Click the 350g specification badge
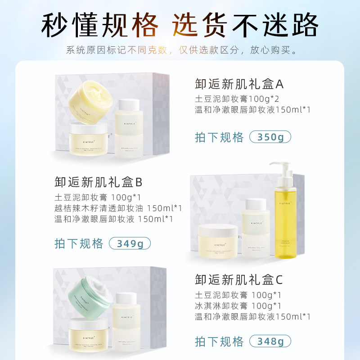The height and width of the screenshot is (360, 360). pyautogui.click(x=270, y=138)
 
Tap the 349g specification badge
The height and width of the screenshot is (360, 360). pyautogui.click(x=130, y=244)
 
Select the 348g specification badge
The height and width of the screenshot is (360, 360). pyautogui.click(x=270, y=341)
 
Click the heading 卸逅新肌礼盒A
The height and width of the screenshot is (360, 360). pyautogui.click(x=239, y=84)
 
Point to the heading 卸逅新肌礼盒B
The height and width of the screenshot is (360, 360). pyautogui.click(x=98, y=182)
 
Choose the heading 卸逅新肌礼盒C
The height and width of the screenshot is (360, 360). pyautogui.click(x=239, y=280)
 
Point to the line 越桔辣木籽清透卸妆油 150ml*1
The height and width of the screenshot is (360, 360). pyautogui.click(x=118, y=208)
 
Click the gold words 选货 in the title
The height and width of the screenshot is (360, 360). pyautogui.click(x=194, y=25)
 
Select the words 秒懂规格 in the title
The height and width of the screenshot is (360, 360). pyautogui.click(x=100, y=25)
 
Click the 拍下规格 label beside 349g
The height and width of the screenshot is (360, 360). pyautogui.click(x=79, y=244)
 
